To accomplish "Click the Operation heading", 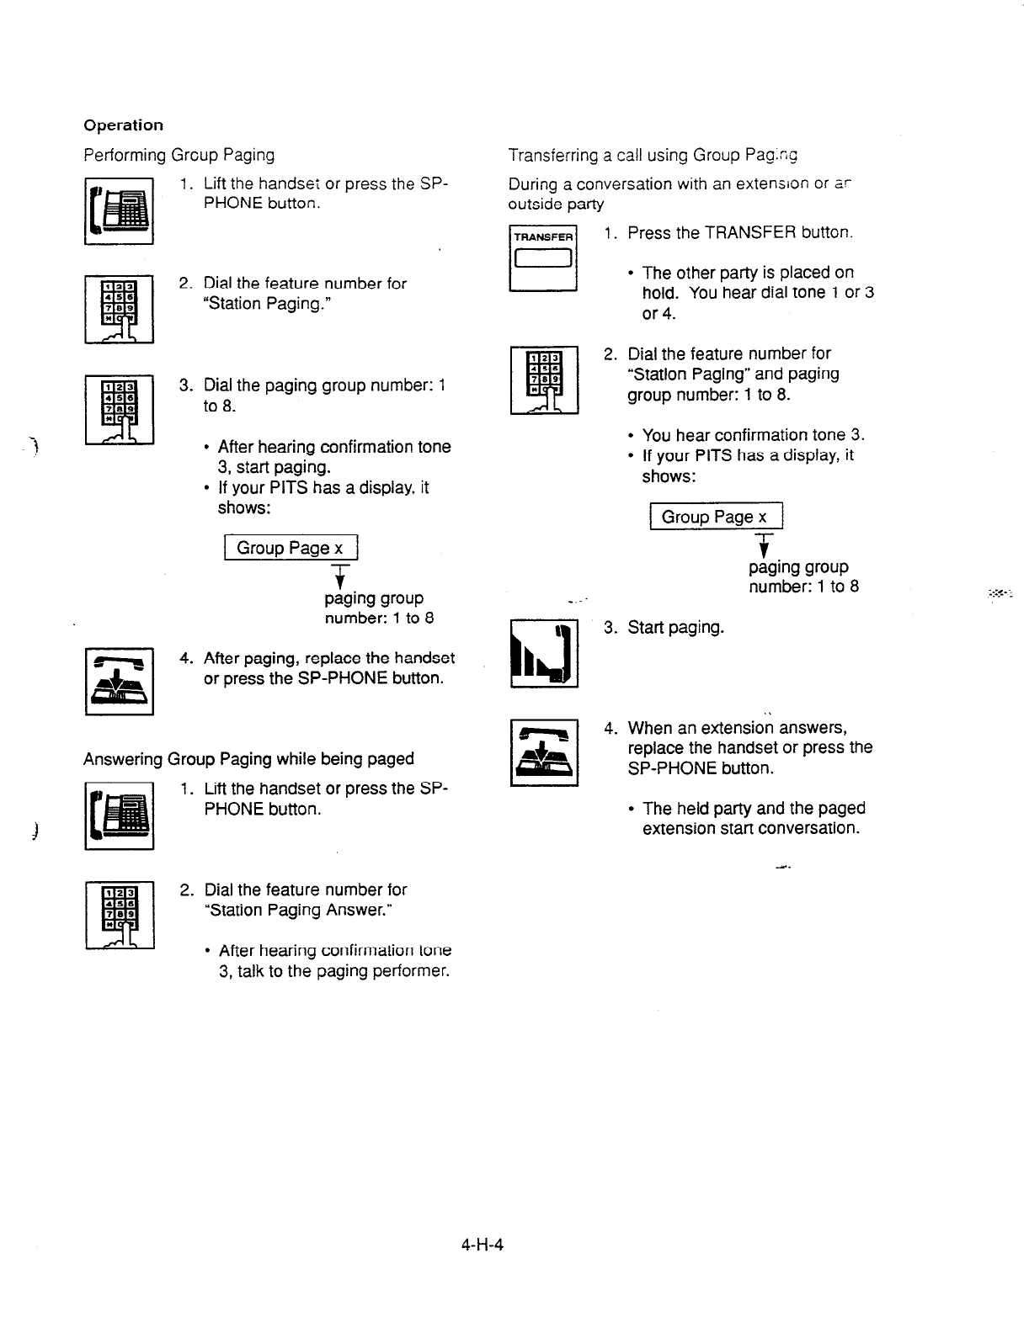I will pos(123,125).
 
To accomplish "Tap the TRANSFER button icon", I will pos(543,258).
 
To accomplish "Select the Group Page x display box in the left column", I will pos(291,548).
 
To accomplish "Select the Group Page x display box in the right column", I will pos(716,517).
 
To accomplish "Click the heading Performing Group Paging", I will pos(179,155).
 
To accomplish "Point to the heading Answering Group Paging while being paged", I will pos(248,759).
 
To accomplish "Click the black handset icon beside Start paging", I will pos(544,653).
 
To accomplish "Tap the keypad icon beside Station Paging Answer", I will pos(119,915).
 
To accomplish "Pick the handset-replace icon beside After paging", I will pos(119,681).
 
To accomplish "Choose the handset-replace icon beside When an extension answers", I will pos(544,751).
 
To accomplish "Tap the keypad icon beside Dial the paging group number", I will pos(119,409).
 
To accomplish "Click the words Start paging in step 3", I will pos(675,628).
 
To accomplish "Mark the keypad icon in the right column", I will pos(544,380).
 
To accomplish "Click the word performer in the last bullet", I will pos(412,971).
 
